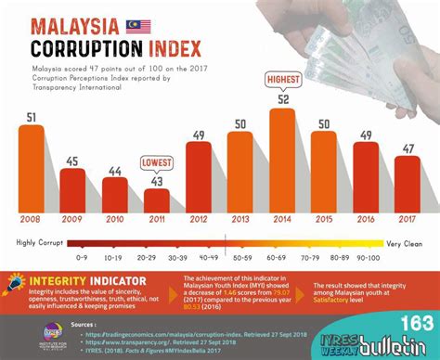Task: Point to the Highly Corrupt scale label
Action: click(x=38, y=242)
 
